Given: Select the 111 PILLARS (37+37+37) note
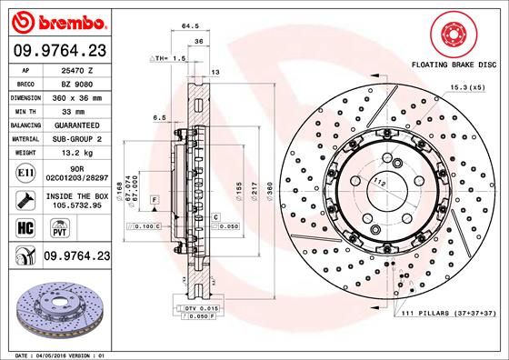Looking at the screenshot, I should point(446,314).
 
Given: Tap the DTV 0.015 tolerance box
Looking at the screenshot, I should point(200,310).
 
